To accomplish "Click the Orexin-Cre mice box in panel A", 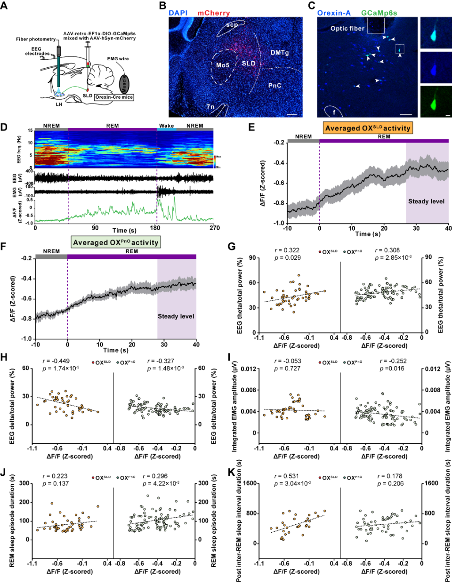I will (x=114, y=97).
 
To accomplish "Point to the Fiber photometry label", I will (x=36, y=39).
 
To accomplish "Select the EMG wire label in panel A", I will (x=118, y=59).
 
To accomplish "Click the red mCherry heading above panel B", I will (x=214, y=13).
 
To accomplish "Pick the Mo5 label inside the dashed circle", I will (x=223, y=65).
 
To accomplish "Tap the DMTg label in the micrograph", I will (x=280, y=53).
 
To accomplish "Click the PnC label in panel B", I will (x=274, y=86).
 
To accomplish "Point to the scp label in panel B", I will (x=232, y=25).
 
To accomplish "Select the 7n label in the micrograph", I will (x=210, y=107).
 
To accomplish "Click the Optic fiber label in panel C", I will (x=347, y=28).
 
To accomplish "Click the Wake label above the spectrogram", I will (x=166, y=126).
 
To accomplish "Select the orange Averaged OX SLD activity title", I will (x=368, y=128).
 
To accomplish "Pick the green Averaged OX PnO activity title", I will (x=116, y=242).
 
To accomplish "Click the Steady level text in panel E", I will (x=426, y=201).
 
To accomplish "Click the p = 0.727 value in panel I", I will (x=287, y=369).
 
